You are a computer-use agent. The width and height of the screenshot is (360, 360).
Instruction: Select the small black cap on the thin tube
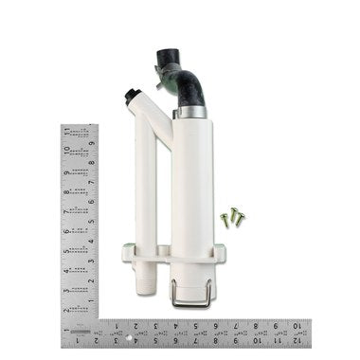click(130, 95)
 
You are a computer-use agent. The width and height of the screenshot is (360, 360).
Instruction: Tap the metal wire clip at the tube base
click(190, 295)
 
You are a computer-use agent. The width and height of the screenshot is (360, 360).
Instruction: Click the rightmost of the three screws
click(241, 218)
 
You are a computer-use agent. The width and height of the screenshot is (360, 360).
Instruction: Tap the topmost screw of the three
click(233, 211)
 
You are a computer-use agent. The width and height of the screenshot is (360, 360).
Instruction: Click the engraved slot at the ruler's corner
click(81, 333)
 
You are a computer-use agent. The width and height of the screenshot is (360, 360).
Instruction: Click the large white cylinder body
click(192, 189)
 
